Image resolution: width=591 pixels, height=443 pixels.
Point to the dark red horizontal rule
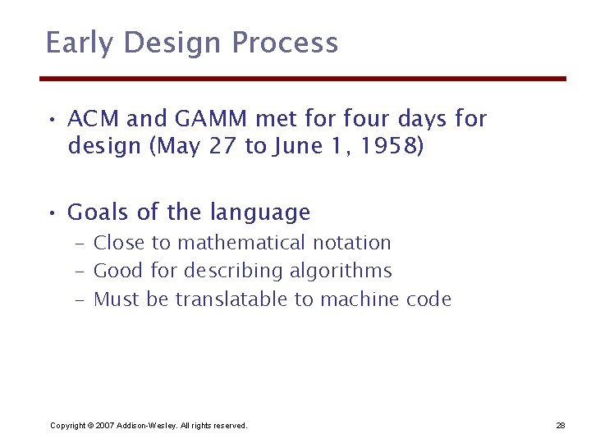coord(304,79)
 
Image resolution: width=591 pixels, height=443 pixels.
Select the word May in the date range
coord(184,147)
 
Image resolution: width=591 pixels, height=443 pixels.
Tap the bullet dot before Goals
coord(51,213)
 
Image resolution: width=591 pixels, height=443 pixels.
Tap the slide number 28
coord(560,426)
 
